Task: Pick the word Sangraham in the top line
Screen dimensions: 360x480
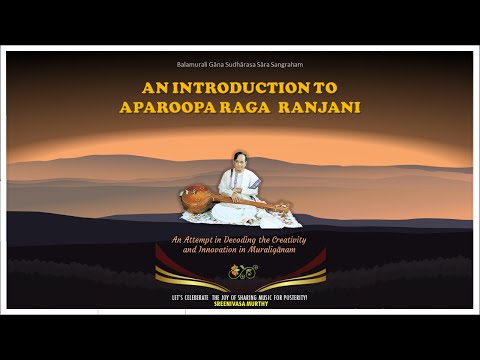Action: point(286,64)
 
